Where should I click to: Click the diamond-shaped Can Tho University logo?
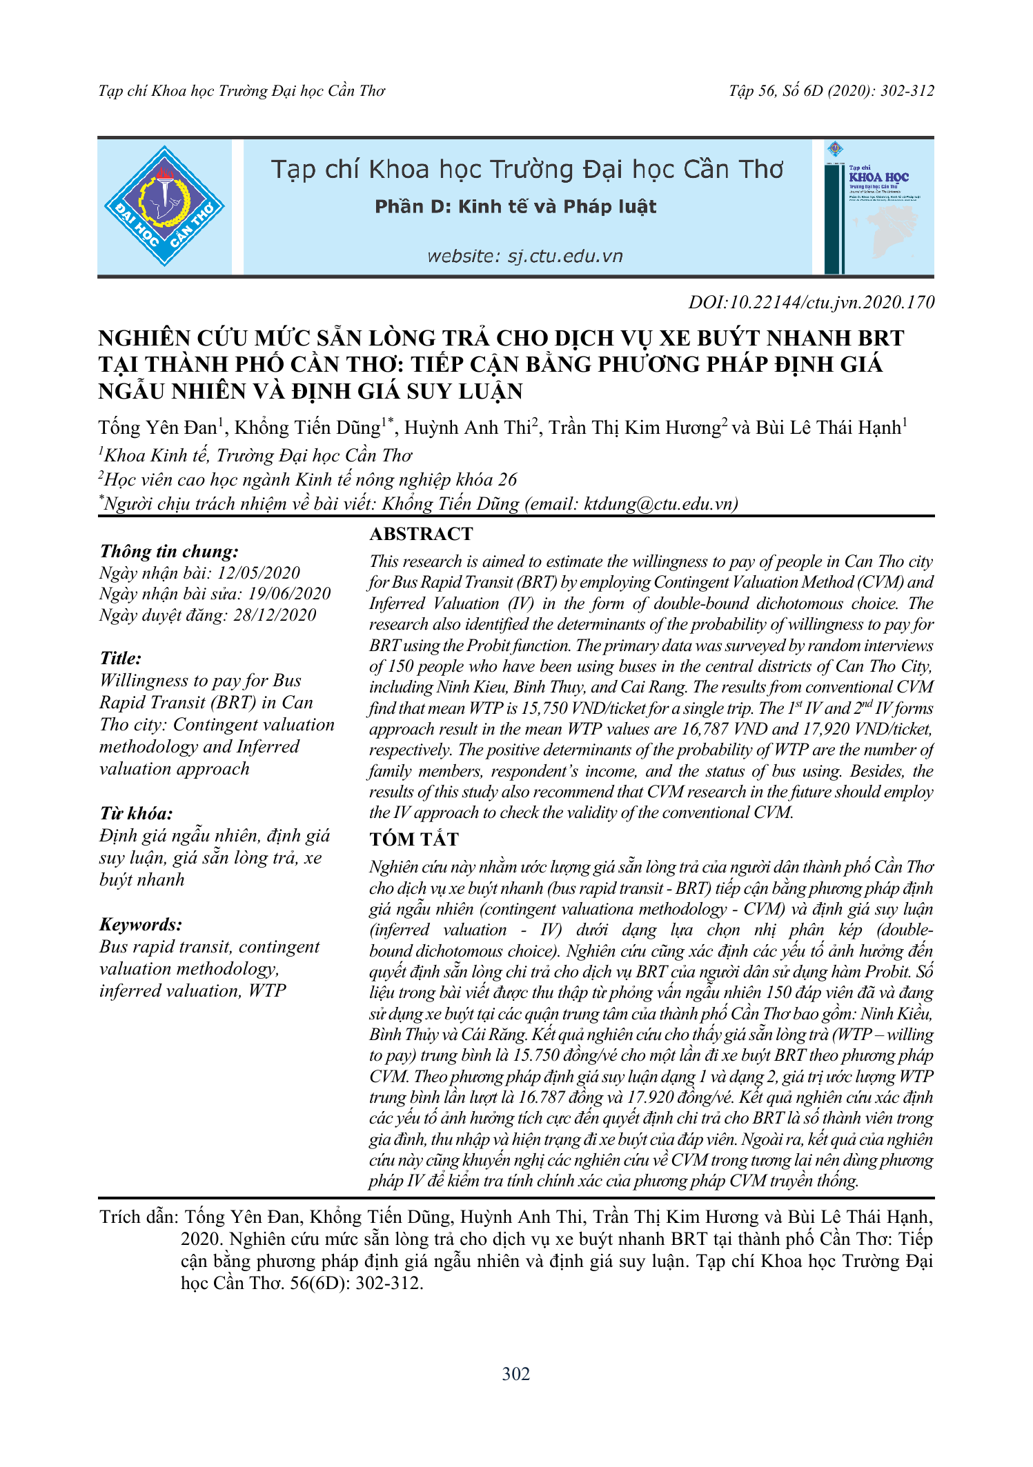164,206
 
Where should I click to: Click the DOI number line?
811,302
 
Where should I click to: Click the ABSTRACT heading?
421,534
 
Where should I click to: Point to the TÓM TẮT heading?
413,839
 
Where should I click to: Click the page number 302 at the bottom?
515,1374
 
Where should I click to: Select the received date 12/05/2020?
259,573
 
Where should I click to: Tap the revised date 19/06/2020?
289,594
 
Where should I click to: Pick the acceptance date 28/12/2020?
274,615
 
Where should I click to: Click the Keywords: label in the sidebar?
141,924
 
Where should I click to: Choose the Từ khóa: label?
136,813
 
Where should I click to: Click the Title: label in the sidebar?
121,658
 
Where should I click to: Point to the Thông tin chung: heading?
169,551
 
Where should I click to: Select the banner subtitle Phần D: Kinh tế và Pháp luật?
515,207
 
